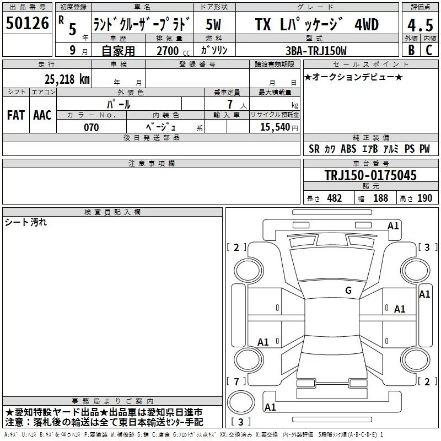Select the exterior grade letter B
coord(410,50)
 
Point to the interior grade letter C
coord(429,50)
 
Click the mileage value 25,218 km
coord(66,79)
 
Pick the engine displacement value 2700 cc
coord(166,51)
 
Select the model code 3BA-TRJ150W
coord(316,51)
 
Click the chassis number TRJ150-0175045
coord(370,176)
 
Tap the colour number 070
coord(91,127)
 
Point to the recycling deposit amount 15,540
coord(274,127)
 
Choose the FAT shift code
coord(16,115)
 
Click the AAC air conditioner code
coord(42,115)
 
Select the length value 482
coord(334,198)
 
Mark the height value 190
coord(424,198)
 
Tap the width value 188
coord(380,198)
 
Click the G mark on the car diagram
coord(348,291)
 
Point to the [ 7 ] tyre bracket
coord(236,381)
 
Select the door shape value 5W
coord(213,25)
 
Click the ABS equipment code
coord(348,149)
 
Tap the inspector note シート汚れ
coord(26,222)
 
